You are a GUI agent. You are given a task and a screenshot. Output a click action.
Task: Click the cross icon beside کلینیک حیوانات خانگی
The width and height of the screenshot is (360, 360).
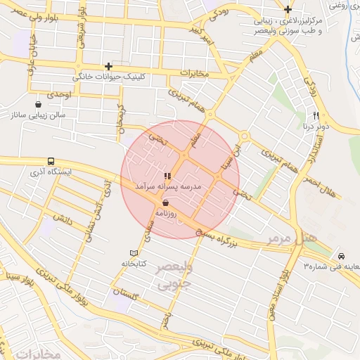(x=108, y=66)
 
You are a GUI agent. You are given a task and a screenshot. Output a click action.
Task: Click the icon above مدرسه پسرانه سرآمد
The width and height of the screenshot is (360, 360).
(x=167, y=176)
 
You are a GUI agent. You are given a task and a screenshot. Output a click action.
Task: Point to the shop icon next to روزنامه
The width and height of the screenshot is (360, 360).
(x=165, y=202)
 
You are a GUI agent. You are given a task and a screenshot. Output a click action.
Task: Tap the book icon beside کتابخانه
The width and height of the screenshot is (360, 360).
(x=134, y=253)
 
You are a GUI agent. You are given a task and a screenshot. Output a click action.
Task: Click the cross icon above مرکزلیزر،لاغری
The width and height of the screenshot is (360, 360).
(x=288, y=9)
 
